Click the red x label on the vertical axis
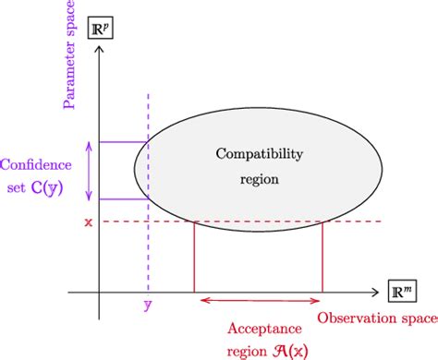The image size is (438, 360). coord(88,222)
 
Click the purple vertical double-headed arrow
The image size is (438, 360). coord(90,170)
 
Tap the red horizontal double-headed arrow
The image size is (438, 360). coord(258,300)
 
